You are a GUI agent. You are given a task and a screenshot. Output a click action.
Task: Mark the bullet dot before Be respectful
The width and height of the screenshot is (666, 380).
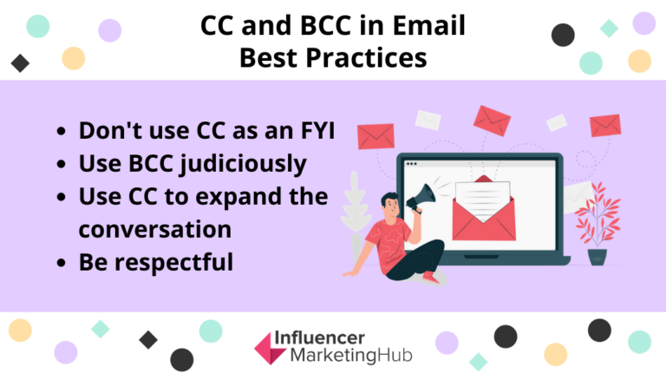60,262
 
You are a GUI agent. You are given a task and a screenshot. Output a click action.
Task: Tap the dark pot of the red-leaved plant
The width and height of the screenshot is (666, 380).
597,257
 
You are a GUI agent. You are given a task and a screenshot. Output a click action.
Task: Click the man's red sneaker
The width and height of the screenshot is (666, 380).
429,275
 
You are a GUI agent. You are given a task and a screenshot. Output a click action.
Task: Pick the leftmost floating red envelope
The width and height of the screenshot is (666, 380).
375,135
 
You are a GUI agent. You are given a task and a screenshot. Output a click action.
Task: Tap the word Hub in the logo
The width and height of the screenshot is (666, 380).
395,356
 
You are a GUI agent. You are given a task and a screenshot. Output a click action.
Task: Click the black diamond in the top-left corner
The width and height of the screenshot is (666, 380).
19,62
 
